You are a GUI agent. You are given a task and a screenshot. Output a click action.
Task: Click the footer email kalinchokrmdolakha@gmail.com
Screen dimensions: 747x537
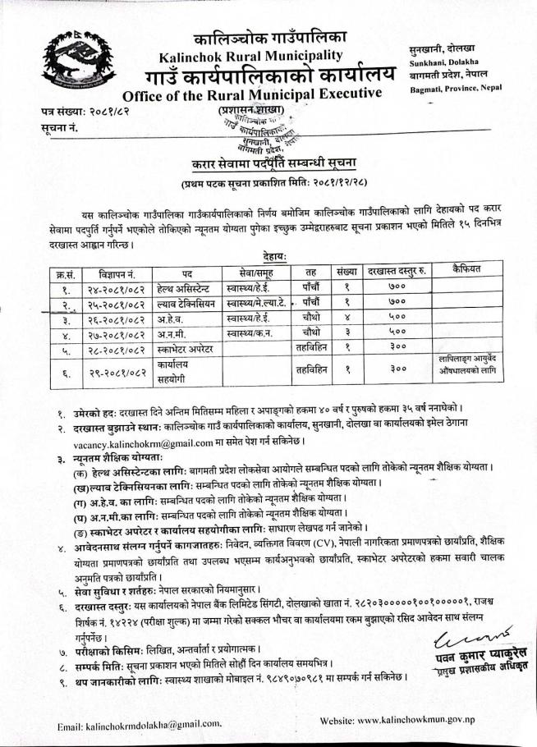click(140, 725)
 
